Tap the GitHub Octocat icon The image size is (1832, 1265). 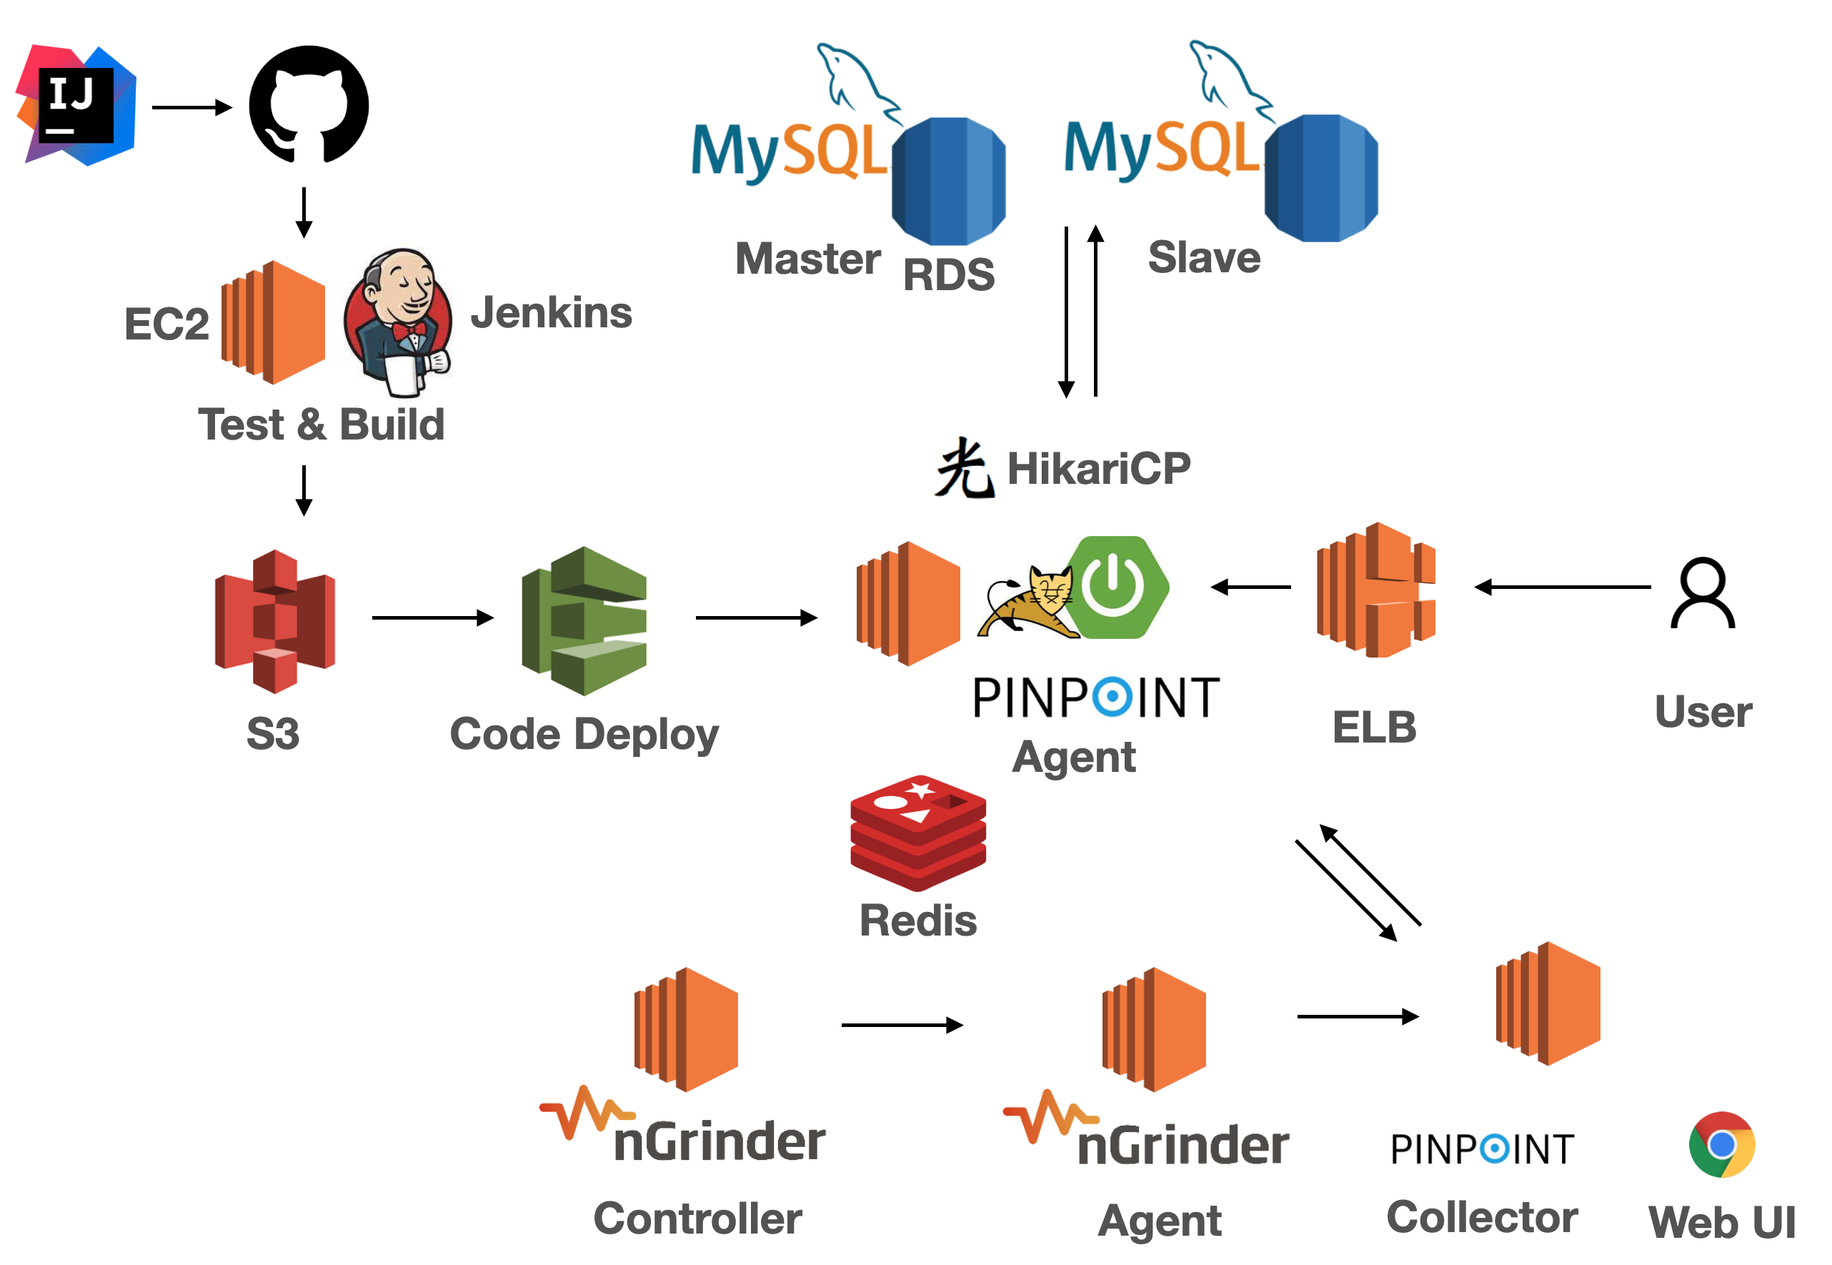(309, 104)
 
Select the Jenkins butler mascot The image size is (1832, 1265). (399, 321)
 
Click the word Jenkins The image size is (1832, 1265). (552, 312)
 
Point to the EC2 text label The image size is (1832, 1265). (166, 323)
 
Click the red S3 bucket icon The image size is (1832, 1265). (275, 620)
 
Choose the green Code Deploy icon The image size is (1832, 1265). (584, 620)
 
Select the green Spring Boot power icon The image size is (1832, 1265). (1115, 587)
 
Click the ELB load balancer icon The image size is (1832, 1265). (1375, 590)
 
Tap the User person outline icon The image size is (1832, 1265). (1703, 593)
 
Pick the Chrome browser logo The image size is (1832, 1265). (1722, 1144)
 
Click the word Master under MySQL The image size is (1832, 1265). (807, 259)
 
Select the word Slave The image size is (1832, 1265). (1204, 257)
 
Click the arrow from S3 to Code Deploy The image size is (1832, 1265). (433, 617)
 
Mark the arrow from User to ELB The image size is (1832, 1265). (1562, 587)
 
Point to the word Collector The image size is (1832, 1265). (1482, 1216)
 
